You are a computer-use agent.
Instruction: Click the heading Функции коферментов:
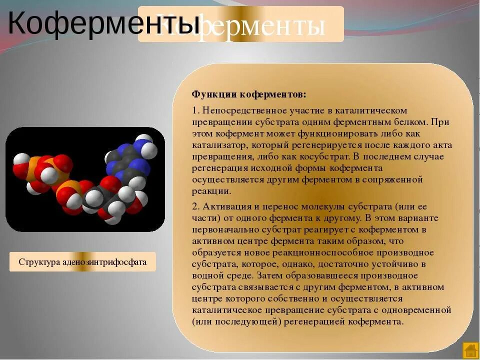coord(248,94)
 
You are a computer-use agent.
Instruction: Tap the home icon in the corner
coord(470,350)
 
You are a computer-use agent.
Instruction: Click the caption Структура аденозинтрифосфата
coord(82,262)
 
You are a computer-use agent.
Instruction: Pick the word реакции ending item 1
coord(211,190)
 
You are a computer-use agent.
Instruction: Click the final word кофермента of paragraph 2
coord(380,321)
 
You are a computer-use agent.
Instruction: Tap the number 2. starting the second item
coord(195,206)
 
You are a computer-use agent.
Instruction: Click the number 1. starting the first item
coord(195,110)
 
